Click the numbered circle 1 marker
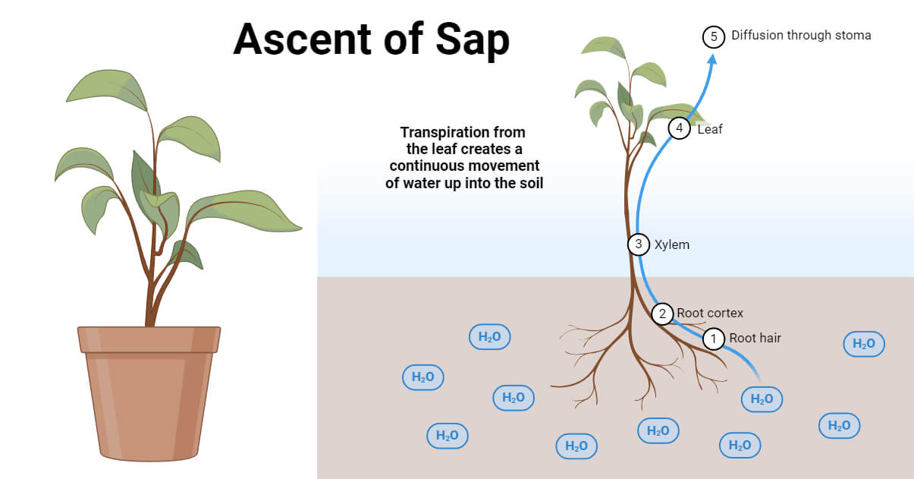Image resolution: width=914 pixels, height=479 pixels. coord(713,339)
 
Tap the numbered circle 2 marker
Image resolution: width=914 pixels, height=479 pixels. coord(662,314)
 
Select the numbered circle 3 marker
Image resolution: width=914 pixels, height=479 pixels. coord(639,244)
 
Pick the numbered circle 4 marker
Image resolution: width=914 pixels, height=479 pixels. coord(680,129)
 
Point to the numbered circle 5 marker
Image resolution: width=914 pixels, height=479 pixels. coord(714,36)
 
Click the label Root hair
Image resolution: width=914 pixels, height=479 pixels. coord(755,339)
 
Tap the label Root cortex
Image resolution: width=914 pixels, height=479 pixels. coord(710,314)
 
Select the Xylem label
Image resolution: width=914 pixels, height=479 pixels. coord(672,245)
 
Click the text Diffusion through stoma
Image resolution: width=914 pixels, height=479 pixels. coord(801,36)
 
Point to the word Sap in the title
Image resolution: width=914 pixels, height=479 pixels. coord(471,40)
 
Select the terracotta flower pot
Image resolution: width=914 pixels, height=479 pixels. coord(149,402)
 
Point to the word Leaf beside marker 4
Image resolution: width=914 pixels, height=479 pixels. coord(710,130)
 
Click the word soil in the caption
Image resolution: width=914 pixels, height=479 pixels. coord(529,184)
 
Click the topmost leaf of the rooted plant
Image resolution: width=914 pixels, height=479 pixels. coord(603,46)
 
